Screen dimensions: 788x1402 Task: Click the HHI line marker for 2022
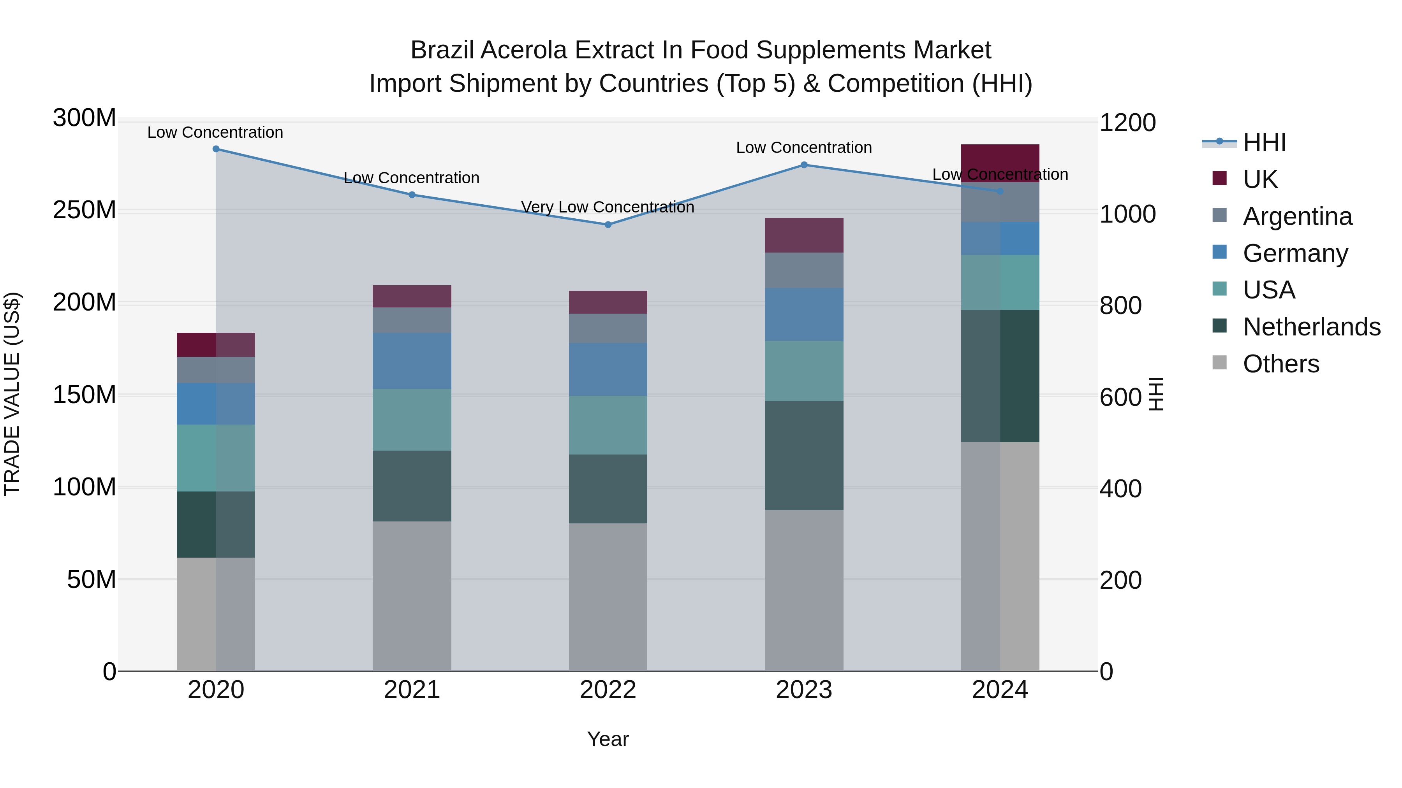608,225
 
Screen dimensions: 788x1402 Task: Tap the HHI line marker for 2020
216,149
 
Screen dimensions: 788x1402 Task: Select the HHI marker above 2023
804,165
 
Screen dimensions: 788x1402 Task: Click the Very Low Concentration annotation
608,207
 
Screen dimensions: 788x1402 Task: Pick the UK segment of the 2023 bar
804,235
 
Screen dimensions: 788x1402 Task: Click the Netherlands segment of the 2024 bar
1000,376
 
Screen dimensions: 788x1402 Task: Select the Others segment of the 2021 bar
412,596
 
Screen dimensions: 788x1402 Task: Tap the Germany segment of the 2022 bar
608,369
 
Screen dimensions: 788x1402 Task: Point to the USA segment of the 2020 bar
216,458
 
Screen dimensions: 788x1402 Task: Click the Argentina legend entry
1297,216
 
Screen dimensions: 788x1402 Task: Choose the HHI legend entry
1264,142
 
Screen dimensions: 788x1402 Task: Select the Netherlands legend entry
1311,327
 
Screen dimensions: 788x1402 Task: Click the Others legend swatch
1220,363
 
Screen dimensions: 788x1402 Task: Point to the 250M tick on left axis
85,211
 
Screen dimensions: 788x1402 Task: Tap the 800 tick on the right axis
1120,305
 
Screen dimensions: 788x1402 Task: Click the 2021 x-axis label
412,690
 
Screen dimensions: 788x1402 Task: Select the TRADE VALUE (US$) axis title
12,394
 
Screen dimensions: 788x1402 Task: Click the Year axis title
608,739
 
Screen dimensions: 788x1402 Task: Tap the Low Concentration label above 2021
412,178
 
